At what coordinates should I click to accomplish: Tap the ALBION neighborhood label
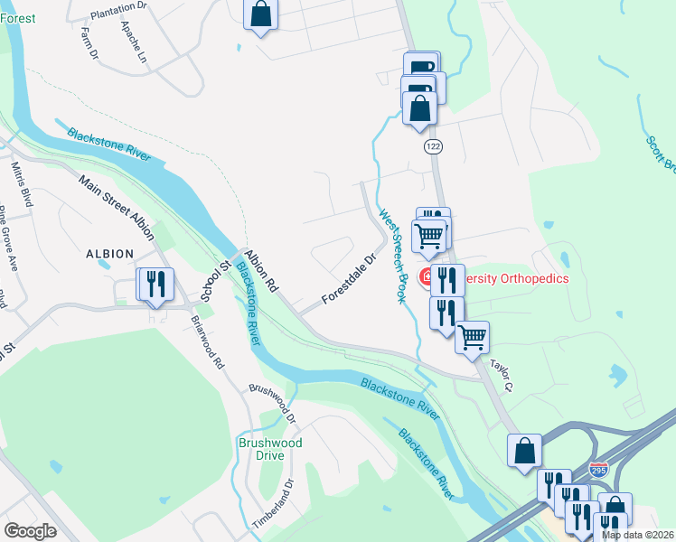tap(110, 254)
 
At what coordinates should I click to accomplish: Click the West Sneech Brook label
tap(392, 257)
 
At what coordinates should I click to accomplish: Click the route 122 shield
tap(433, 146)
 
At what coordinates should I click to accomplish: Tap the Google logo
tap(30, 530)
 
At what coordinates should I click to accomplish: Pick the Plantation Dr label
tap(120, 6)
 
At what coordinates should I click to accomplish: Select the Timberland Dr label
tap(274, 504)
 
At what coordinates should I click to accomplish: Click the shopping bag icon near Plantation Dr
tap(260, 15)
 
